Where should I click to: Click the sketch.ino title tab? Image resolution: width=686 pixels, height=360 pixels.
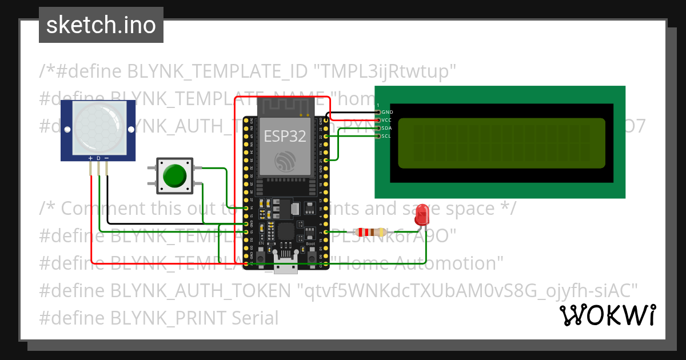pos(101,25)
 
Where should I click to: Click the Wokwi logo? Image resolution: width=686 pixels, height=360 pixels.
pos(607,315)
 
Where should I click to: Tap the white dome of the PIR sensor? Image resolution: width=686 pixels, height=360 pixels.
pos(98,127)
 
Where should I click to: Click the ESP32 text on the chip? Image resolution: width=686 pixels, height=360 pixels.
pos(284,136)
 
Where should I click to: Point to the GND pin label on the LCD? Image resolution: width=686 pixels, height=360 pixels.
pos(387,112)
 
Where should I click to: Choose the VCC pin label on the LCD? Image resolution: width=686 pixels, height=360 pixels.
pos(387,120)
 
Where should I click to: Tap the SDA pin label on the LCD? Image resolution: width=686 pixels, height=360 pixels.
pos(387,128)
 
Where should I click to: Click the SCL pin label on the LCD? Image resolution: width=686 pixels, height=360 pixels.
pos(387,136)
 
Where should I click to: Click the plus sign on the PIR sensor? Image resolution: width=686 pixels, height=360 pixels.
pos(90,158)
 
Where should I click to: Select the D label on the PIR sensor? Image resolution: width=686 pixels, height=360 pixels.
pos(98,158)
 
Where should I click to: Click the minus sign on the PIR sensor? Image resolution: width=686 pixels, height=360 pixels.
pos(106,158)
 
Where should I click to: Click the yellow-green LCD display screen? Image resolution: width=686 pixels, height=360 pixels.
pos(501,143)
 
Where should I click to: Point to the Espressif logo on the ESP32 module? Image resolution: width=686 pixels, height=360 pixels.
pos(284,161)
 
